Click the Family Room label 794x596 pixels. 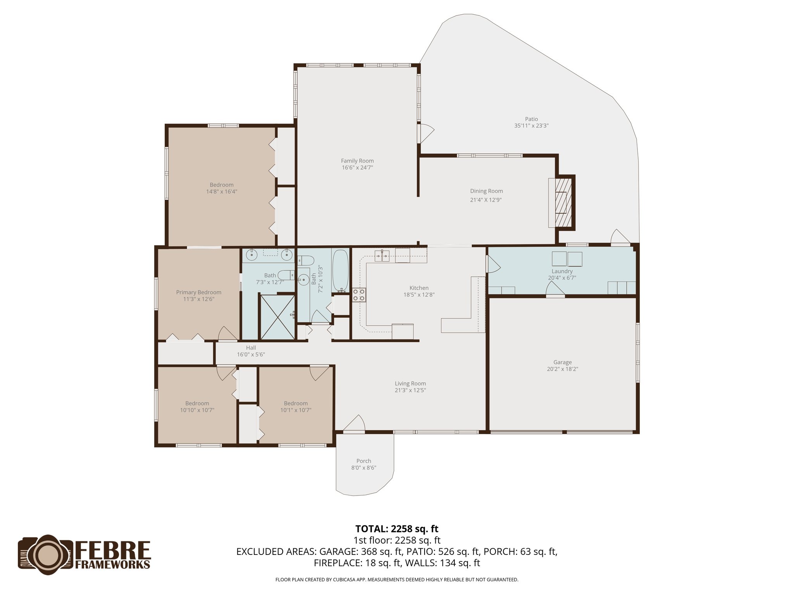357,161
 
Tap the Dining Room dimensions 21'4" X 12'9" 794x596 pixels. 486,200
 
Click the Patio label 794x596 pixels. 531,119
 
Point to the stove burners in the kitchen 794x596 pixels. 359,295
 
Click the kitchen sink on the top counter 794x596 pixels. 382,256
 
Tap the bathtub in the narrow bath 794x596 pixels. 340,271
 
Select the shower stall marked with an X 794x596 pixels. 277,317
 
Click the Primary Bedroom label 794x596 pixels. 198,292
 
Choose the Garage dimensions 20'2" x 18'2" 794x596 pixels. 562,369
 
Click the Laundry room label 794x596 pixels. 562,271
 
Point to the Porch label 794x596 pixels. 364,461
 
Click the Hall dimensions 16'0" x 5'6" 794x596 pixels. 251,354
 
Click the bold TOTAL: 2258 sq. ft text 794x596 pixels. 397,528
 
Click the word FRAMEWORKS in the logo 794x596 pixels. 112,564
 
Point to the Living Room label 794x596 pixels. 410,383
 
